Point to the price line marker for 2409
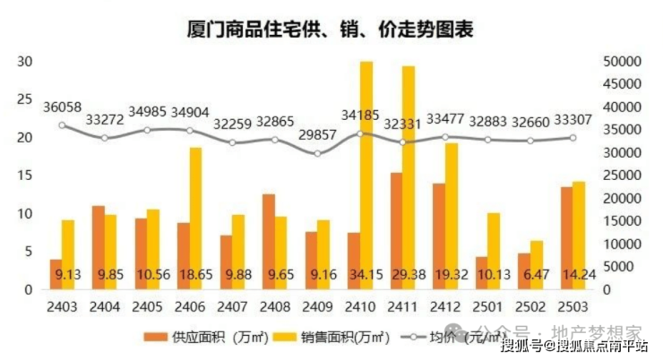(317, 154)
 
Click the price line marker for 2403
(62, 125)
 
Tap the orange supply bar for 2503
(566, 238)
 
